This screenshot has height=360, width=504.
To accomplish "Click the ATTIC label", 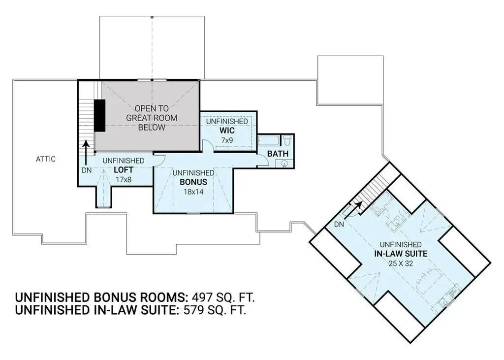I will [45, 159].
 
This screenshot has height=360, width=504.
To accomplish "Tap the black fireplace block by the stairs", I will [99, 116].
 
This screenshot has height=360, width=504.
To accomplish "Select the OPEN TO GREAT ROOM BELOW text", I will [152, 118].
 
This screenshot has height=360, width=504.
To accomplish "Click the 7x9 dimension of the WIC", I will [226, 141].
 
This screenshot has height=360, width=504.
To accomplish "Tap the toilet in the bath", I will [287, 141].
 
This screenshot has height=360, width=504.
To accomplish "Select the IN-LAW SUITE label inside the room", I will [400, 254].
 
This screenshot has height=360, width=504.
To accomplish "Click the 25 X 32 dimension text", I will [400, 263].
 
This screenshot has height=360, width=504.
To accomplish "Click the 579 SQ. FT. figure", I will [214, 311].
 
